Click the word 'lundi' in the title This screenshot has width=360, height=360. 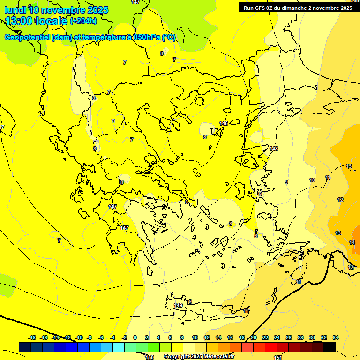tap(15, 9)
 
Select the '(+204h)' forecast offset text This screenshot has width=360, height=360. tap(83, 21)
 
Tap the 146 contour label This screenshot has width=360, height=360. tap(224, 123)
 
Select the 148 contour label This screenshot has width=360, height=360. tap(274, 149)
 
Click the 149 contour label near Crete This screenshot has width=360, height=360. tap(178, 305)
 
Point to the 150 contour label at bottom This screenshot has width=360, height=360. tap(149, 357)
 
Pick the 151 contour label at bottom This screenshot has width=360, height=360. tap(278, 357)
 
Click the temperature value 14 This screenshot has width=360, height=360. tap(352, 242)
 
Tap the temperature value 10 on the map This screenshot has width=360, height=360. tap(312, 180)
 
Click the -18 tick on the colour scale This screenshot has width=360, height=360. tap(32, 337)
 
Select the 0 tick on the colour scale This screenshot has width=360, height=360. tap(135, 337)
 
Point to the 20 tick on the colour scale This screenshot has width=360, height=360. tap(253, 337)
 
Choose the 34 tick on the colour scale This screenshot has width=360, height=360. tap(336, 337)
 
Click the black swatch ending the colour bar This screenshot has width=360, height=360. tap(330, 347)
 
